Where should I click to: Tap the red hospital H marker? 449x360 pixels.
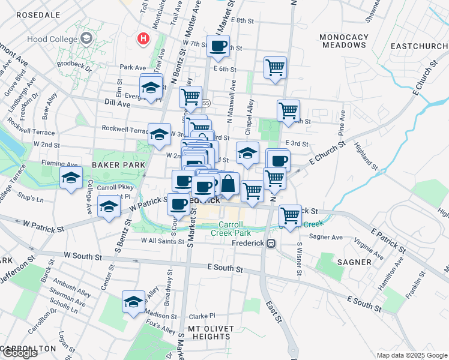143,39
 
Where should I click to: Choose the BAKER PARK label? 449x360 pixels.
118,164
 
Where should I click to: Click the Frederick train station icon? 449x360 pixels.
271,244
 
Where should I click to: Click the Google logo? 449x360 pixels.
20,353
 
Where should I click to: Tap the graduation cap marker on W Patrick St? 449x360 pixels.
109,206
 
